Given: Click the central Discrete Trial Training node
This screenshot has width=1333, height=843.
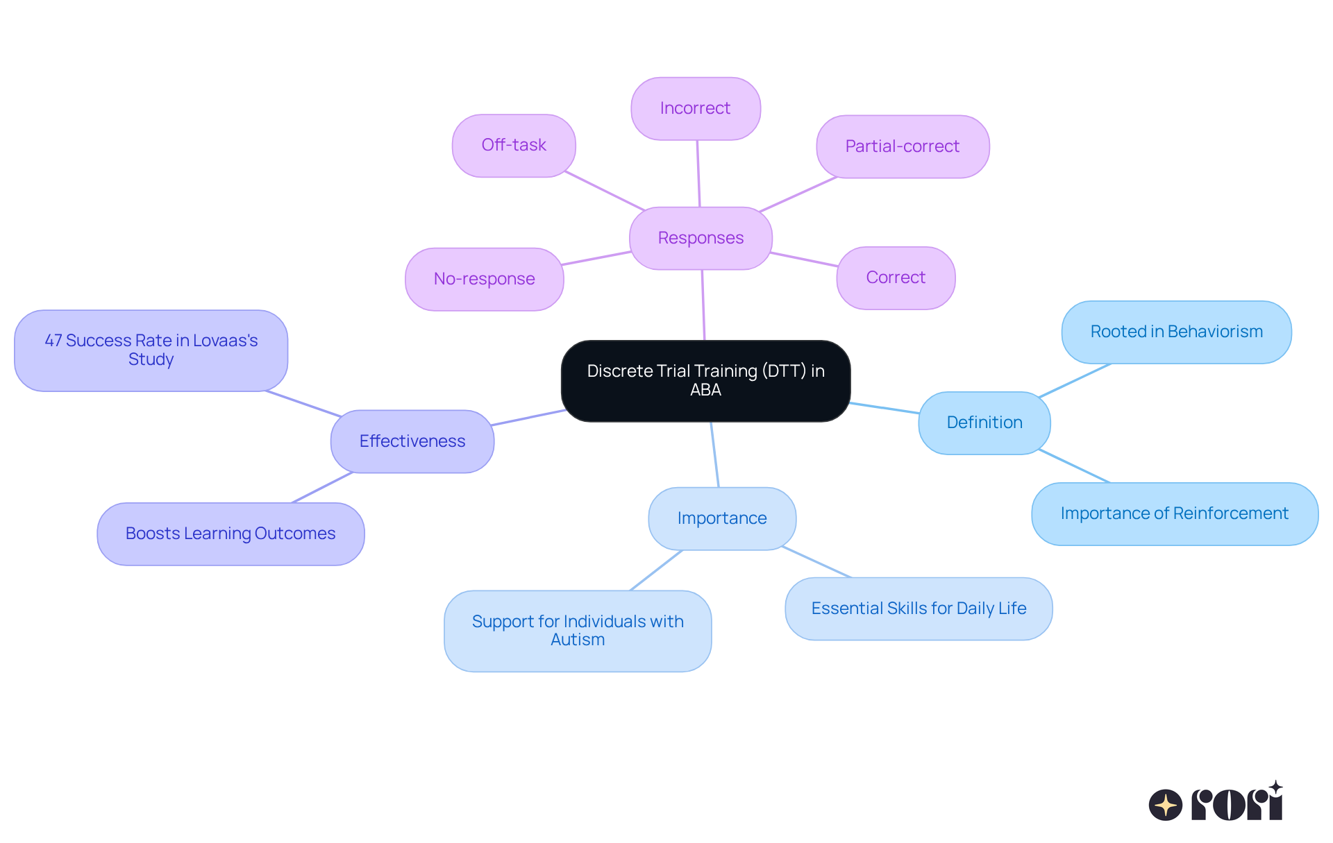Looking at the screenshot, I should click(x=705, y=380).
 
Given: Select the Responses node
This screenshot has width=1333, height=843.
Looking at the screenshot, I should click(x=701, y=238).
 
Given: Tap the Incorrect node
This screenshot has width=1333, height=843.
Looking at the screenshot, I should click(x=695, y=108).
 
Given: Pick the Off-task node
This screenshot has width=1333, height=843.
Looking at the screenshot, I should click(x=514, y=145).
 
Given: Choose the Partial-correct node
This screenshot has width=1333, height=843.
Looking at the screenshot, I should click(x=902, y=146).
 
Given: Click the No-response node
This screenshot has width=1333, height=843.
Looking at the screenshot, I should click(x=484, y=279).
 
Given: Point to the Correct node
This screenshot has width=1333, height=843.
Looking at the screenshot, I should click(x=896, y=278).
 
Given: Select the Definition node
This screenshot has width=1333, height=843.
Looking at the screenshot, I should click(x=984, y=423).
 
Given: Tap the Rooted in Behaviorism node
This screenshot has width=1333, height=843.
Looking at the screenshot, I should click(x=1176, y=332).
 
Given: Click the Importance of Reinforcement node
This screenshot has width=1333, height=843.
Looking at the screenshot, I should click(x=1174, y=513).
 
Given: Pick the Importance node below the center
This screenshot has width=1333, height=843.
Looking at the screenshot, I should click(x=721, y=518).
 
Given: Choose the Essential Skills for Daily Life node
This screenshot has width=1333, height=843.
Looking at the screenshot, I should click(x=919, y=608).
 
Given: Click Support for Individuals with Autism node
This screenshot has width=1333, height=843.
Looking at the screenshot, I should click(x=578, y=631).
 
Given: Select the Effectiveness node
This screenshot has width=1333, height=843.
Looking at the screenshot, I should click(x=412, y=441).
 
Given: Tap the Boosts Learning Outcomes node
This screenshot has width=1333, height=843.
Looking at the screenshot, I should click(x=230, y=534).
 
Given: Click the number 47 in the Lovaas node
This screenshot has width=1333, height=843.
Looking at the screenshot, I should click(x=53, y=341).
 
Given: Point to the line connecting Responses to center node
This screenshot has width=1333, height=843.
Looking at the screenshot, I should click(x=703, y=305).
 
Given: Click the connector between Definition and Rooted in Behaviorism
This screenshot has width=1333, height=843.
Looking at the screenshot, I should click(x=1075, y=380).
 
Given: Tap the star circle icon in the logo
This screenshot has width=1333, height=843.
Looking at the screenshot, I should click(x=1166, y=805).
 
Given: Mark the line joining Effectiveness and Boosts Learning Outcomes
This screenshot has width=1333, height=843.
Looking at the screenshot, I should click(x=322, y=488).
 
